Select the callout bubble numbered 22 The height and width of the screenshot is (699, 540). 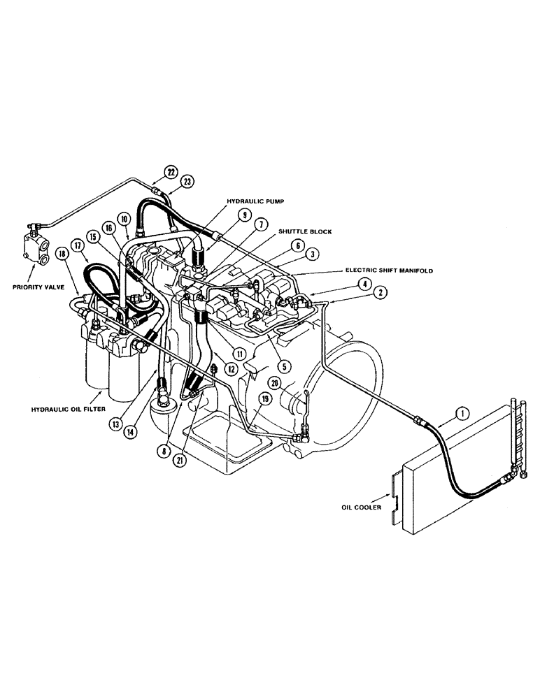click(170, 171)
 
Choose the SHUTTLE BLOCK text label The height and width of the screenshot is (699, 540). click(305, 231)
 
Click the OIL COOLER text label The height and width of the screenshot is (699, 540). click(362, 507)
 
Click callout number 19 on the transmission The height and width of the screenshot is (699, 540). click(265, 398)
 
